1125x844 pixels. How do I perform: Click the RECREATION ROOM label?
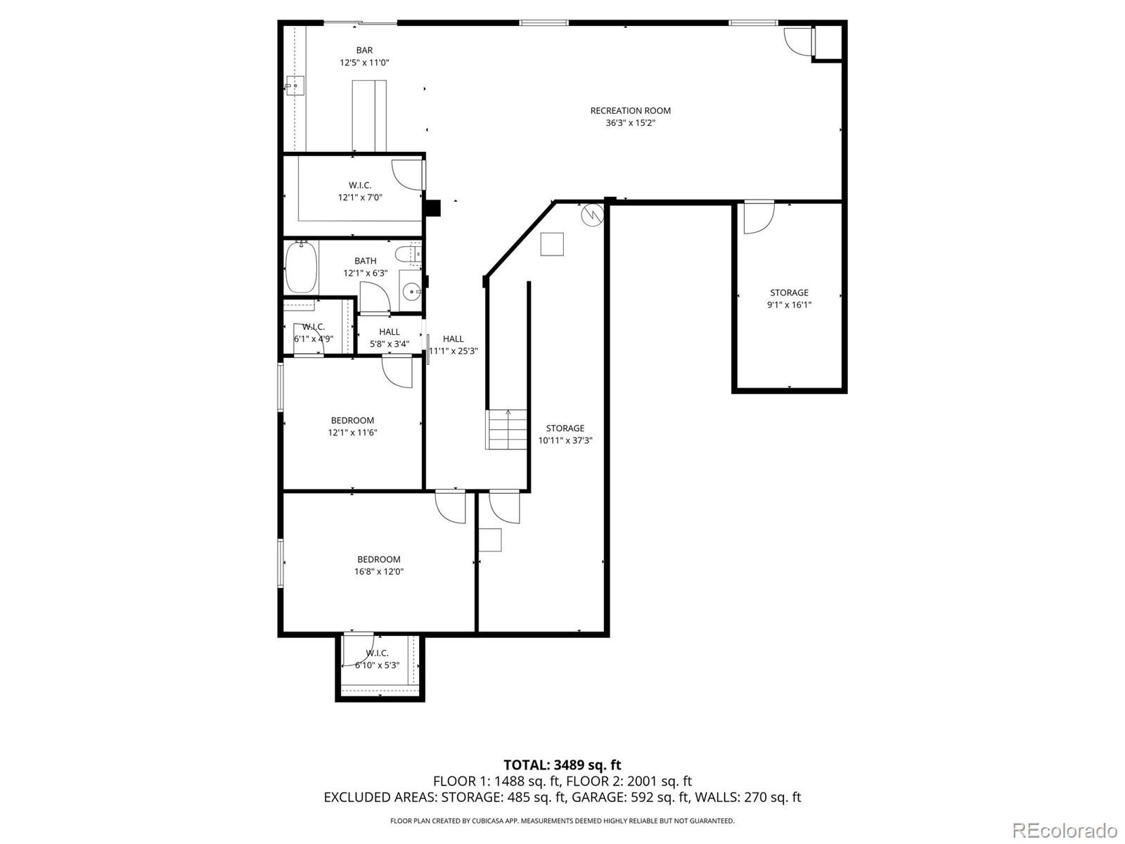tap(630, 110)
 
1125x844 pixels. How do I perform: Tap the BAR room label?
tap(364, 50)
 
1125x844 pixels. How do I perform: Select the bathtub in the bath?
tap(301, 267)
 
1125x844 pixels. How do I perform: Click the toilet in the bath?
tap(408, 253)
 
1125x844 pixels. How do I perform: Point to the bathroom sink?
tap(411, 289)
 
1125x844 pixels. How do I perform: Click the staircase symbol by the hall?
tap(507, 428)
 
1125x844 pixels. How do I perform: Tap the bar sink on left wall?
tap(295, 87)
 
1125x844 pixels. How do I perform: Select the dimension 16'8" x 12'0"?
tap(378, 572)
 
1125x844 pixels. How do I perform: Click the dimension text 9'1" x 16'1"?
tap(789, 305)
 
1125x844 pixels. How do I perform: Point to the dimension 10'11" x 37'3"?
tap(565, 440)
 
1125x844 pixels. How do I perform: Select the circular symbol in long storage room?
tap(592, 214)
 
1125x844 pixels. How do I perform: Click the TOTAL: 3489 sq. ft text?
tap(562, 765)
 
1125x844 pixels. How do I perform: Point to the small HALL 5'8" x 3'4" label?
tap(389, 332)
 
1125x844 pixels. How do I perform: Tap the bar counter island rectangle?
tap(369, 115)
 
